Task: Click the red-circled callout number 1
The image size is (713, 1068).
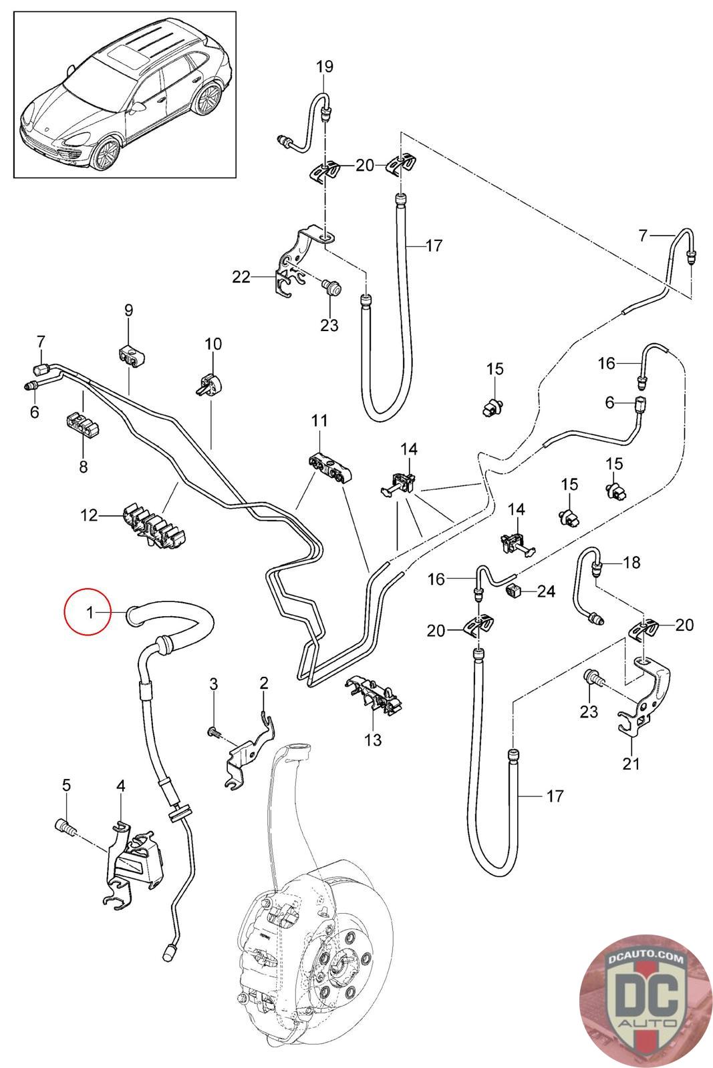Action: coord(90,611)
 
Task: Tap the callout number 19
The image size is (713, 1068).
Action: coord(324,67)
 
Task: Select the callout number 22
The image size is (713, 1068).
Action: coord(241,276)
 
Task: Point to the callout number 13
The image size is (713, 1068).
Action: coord(373,739)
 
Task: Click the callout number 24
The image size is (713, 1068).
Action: coord(546,591)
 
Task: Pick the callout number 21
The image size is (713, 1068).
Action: coord(631,763)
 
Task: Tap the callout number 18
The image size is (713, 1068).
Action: coord(631,563)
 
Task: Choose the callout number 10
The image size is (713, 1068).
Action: coord(213,344)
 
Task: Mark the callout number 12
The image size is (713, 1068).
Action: coord(89,515)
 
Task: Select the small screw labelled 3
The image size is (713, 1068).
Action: coord(213,732)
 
